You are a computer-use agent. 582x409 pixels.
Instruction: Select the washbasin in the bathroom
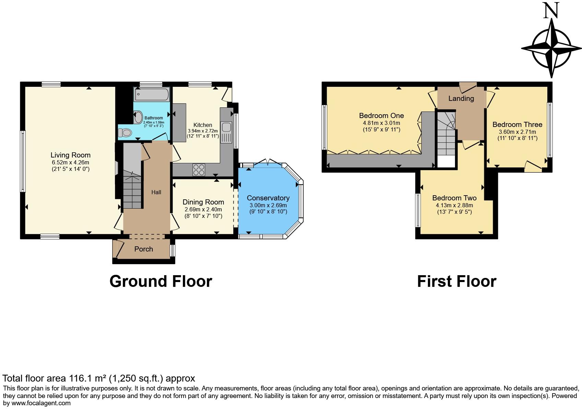tap(139, 117)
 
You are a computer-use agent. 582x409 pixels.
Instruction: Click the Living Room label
tap(70, 155)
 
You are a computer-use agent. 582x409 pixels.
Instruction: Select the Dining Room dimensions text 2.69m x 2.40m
tap(203, 209)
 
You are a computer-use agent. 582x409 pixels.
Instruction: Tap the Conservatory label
tap(268, 198)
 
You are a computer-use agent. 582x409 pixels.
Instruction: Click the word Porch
tap(143, 249)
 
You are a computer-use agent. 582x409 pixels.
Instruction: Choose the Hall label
tap(156, 192)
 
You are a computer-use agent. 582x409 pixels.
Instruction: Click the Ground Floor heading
tap(161, 281)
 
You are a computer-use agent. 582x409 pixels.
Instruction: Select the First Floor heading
tap(456, 281)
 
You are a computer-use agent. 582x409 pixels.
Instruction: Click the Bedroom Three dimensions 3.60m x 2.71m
tap(517, 132)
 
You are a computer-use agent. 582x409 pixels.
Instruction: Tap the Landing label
tap(461, 98)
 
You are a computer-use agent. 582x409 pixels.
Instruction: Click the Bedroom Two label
tap(454, 198)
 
